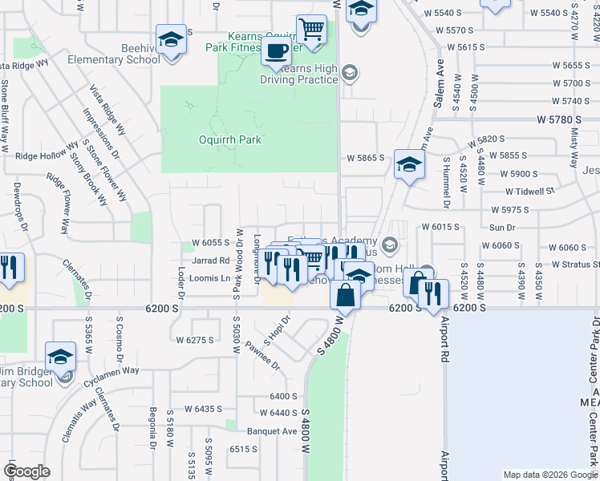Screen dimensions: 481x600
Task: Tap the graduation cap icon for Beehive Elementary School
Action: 170,39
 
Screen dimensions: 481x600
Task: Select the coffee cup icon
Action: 277,51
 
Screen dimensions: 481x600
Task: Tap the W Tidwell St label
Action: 530,192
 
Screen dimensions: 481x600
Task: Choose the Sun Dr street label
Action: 501,228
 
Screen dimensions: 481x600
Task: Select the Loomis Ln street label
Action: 205,279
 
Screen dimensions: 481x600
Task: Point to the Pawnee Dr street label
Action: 263,355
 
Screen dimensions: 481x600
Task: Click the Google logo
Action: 26,471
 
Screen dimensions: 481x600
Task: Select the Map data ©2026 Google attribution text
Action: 549,475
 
